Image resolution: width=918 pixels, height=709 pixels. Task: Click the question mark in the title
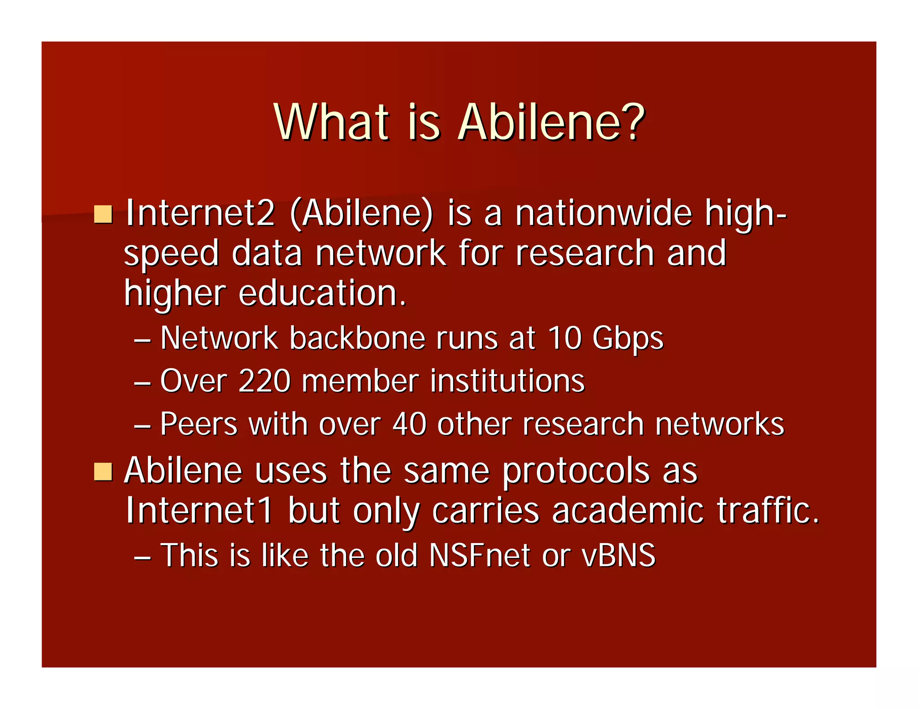pos(631,122)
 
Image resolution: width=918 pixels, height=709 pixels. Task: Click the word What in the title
pos(331,122)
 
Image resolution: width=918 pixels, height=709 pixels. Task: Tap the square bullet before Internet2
pos(103,214)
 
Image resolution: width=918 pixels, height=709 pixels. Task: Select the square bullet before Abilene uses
pos(103,471)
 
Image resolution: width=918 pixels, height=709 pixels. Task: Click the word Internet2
pos(200,213)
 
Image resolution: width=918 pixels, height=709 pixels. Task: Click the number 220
pos(264,381)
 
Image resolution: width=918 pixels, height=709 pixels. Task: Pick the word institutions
pos(507,381)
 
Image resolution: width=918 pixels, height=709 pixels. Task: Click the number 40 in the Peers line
pos(409,424)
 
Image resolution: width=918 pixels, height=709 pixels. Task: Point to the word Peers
pos(199,424)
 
